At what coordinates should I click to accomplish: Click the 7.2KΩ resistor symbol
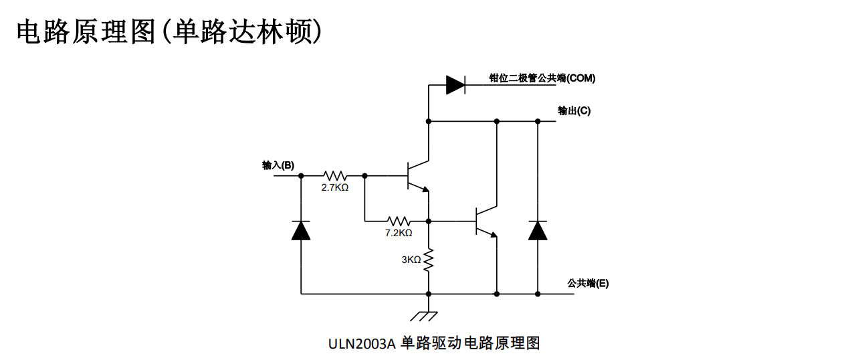399,220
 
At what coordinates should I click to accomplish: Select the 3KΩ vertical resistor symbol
429,259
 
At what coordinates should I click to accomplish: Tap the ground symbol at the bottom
428,314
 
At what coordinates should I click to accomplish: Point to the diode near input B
301,230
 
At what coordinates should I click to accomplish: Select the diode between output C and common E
538,230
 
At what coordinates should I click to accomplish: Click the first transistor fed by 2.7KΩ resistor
416,176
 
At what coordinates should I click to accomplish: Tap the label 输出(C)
574,110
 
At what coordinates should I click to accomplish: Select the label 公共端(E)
588,283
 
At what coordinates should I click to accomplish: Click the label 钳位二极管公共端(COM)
542,78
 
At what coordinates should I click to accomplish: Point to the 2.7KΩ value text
334,188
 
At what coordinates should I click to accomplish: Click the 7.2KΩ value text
398,233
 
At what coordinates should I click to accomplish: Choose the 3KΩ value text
411,260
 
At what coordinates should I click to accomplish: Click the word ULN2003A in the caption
362,343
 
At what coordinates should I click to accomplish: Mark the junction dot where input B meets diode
301,175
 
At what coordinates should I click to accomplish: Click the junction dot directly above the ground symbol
428,294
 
